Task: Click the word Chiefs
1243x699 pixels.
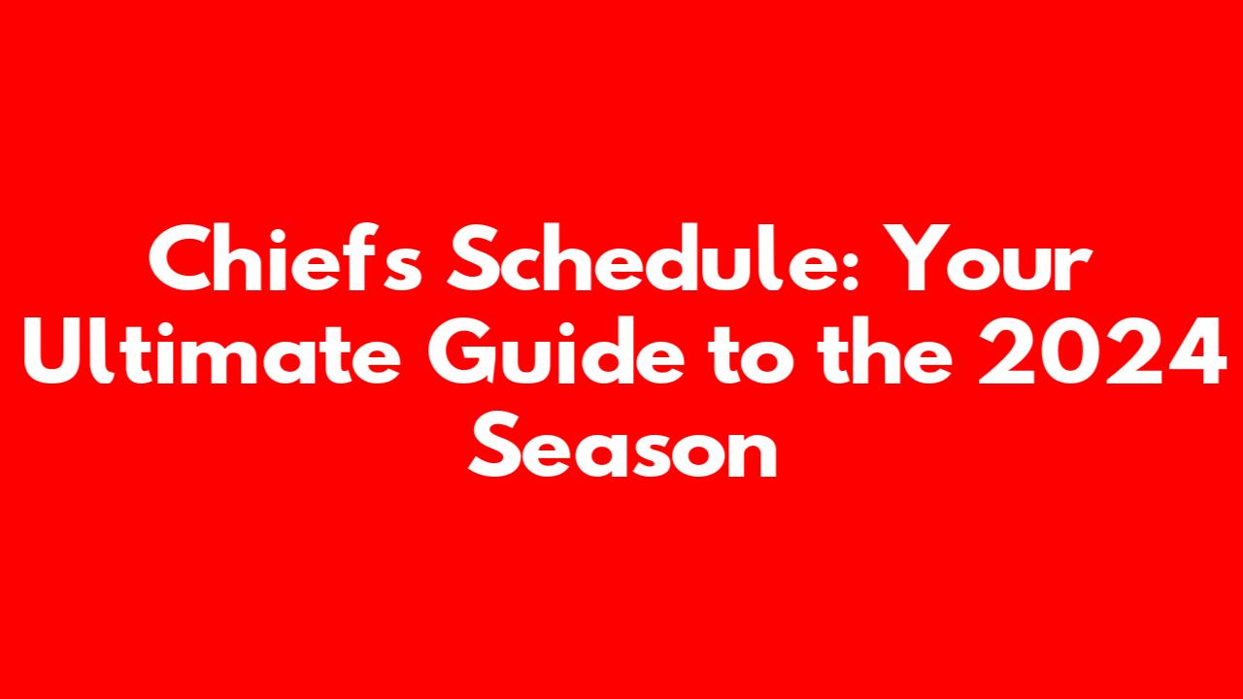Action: point(286,257)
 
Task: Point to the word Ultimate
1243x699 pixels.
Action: point(212,350)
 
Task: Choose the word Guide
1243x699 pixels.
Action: point(555,350)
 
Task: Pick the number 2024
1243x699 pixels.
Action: point(1101,351)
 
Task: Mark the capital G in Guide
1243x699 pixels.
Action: point(461,351)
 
